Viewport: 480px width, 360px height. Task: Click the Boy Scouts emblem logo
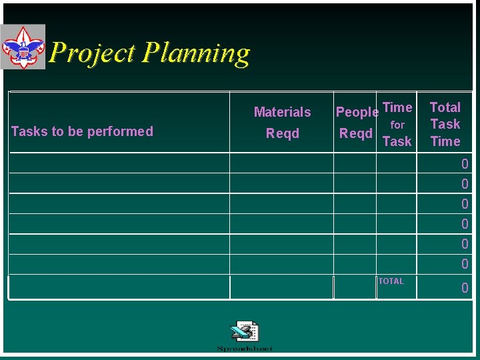point(23,47)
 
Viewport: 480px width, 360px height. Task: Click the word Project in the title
point(93,53)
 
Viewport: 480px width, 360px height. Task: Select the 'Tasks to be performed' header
point(82,131)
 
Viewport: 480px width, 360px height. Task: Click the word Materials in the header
point(282,112)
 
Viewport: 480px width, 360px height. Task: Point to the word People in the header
point(357,112)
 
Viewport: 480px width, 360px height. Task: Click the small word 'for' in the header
point(397,125)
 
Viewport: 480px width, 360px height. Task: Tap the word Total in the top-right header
point(445,107)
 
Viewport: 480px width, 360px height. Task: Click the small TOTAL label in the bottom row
point(391,281)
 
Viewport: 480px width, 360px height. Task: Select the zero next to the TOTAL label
point(465,288)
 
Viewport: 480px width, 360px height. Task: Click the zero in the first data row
point(465,163)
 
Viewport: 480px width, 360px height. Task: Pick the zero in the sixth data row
point(465,264)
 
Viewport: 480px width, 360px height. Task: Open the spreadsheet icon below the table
point(244,331)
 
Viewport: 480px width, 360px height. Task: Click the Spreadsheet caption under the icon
point(244,349)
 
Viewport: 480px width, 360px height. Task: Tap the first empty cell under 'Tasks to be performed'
point(119,163)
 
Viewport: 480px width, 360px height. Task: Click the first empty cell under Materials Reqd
point(281,163)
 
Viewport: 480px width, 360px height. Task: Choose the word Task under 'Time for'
point(397,141)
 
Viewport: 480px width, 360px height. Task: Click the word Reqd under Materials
point(282,133)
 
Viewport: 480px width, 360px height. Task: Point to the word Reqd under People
point(355,133)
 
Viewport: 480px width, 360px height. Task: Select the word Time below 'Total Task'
point(445,141)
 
